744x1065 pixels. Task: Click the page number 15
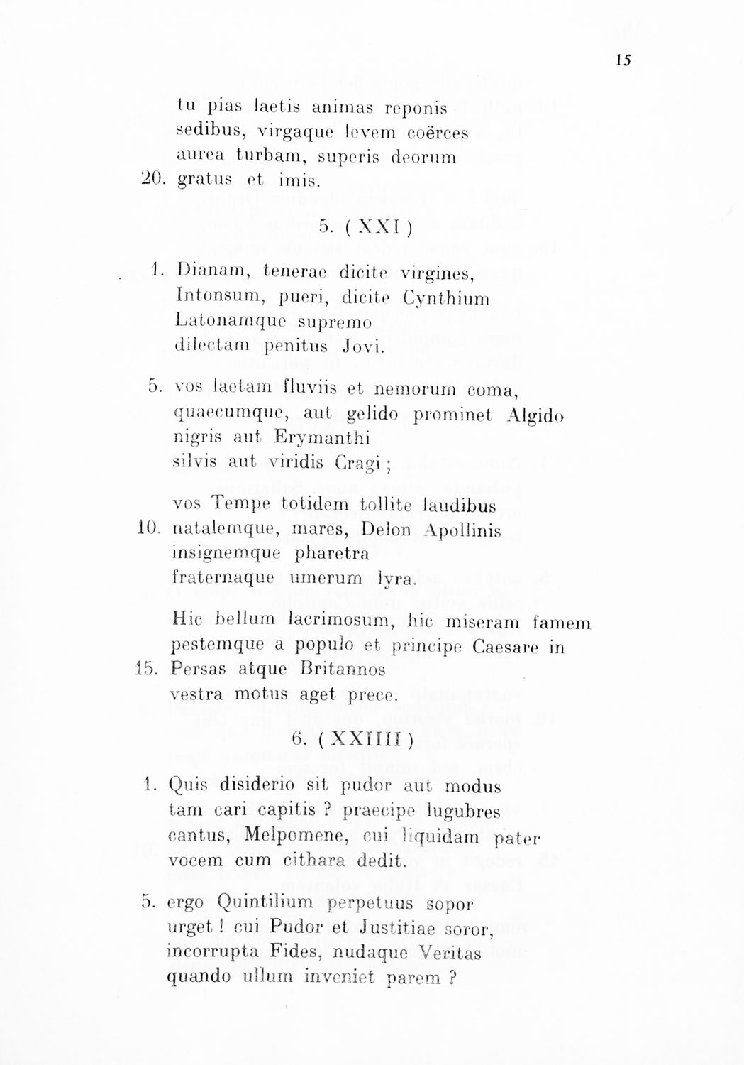[x=623, y=60]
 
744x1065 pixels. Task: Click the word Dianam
[x=211, y=272]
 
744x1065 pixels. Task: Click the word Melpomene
[x=294, y=836]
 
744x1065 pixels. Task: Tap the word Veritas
[x=450, y=951]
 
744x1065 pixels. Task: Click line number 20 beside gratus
[x=153, y=180]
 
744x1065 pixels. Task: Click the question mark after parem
[x=452, y=978]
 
